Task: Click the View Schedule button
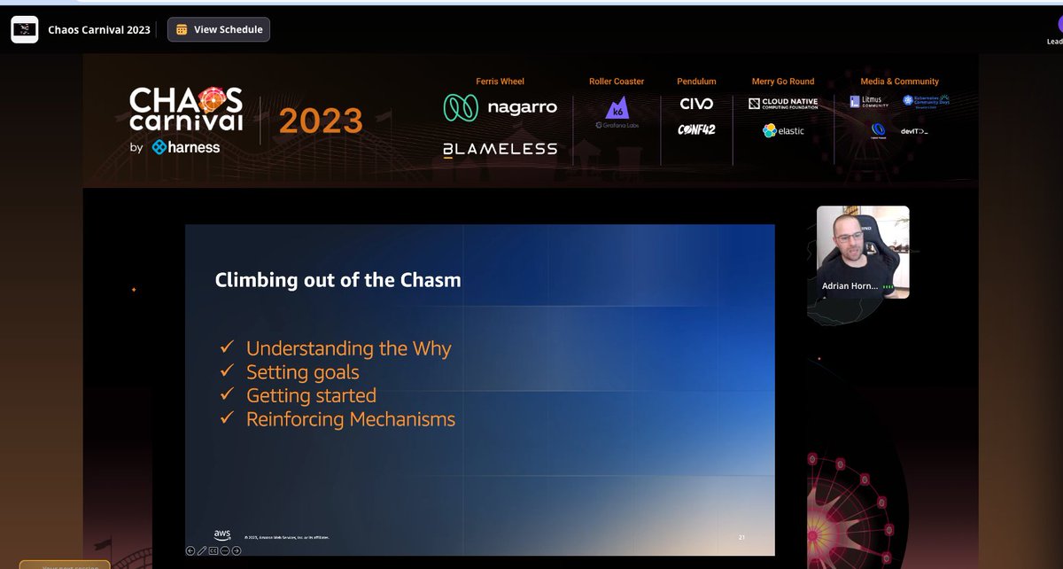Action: point(219,29)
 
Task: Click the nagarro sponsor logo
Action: point(500,107)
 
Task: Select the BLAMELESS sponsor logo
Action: point(500,149)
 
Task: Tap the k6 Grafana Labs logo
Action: point(617,113)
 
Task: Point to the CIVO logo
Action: point(696,104)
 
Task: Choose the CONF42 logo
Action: point(696,130)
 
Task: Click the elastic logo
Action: point(783,130)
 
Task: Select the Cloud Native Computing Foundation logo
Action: point(783,104)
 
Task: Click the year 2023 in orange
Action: point(321,121)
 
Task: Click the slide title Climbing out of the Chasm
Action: point(338,281)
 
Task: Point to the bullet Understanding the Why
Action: point(348,348)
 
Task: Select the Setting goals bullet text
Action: point(302,372)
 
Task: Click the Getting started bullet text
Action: point(311,395)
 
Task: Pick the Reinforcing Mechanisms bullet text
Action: point(350,419)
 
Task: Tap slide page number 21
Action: point(742,537)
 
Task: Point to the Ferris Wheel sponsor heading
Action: point(500,82)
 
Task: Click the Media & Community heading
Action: point(899,82)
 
